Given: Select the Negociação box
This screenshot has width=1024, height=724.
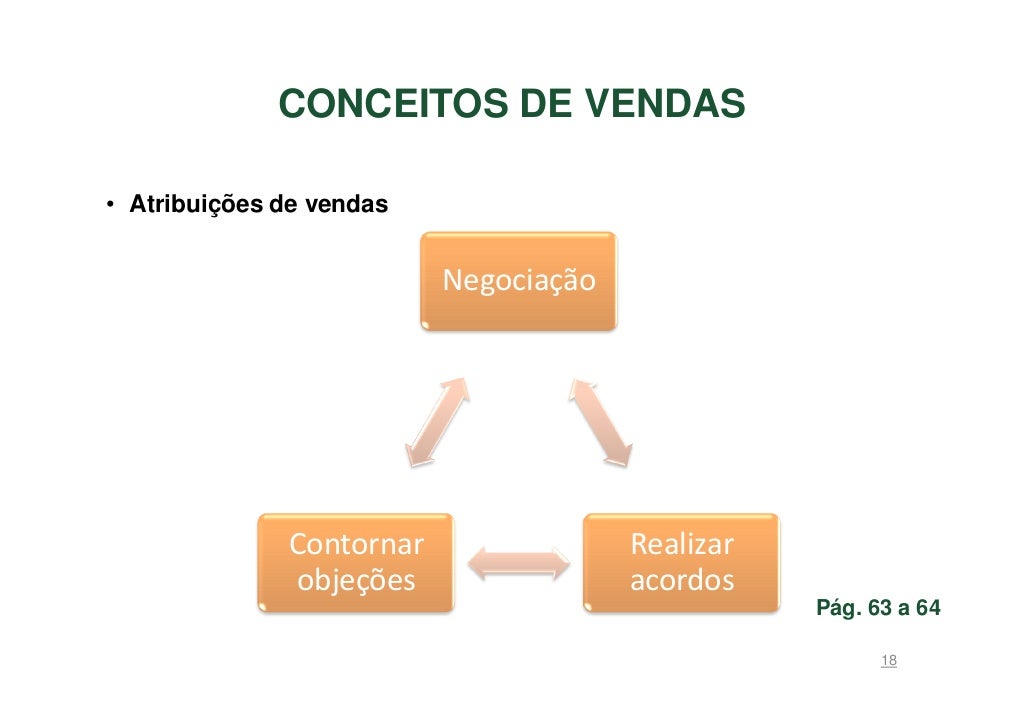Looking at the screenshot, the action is [518, 281].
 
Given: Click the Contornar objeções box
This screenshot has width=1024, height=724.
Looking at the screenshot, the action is [356, 562].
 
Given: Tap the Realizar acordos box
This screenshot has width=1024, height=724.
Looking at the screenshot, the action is [681, 562].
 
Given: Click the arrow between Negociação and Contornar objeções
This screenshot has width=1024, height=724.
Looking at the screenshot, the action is [437, 421].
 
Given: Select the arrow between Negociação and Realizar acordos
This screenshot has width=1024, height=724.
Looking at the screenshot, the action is [602, 421].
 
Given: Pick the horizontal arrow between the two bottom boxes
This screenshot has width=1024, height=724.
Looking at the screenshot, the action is [519, 562].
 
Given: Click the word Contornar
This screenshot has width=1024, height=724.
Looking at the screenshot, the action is [356, 544].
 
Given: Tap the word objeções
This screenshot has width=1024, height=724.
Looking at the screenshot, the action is [356, 581].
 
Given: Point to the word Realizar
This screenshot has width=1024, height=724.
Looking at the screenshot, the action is [681, 544].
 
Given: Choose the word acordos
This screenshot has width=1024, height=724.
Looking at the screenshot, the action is [681, 581].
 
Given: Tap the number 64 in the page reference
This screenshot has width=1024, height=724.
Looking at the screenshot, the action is [926, 608].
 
